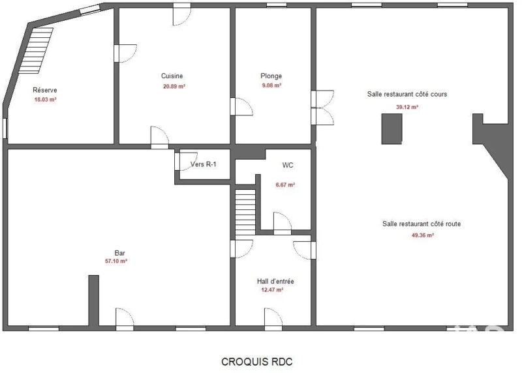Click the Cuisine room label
pyautogui.click(x=172, y=76)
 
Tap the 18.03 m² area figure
pyautogui.click(x=45, y=100)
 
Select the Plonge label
pyautogui.click(x=271, y=76)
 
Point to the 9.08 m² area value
pyautogui.click(x=271, y=85)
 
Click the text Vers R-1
pyautogui.click(x=203, y=164)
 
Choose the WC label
pyautogui.click(x=288, y=165)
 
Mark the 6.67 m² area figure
pyautogui.click(x=285, y=185)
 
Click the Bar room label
pyautogui.click(x=119, y=253)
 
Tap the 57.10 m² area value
pyautogui.click(x=116, y=261)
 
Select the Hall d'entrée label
pyautogui.click(x=275, y=281)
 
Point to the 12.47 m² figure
pyautogui.click(x=272, y=290)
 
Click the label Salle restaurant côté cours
pyautogui.click(x=407, y=94)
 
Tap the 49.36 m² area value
pyautogui.click(x=422, y=235)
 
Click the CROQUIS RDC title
pyautogui.click(x=256, y=362)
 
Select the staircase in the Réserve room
pyautogui.click(x=36, y=51)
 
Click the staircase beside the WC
pyautogui.click(x=245, y=213)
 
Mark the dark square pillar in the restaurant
pyautogui.click(x=391, y=128)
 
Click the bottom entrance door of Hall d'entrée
pyautogui.click(x=273, y=320)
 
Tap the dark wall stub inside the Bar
pyautogui.click(x=93, y=300)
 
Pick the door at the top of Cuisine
pyautogui.click(x=182, y=15)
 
